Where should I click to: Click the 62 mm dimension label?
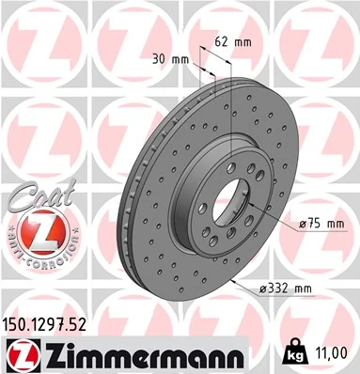coord(227,42)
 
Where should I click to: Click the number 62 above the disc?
coord(219,42)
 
